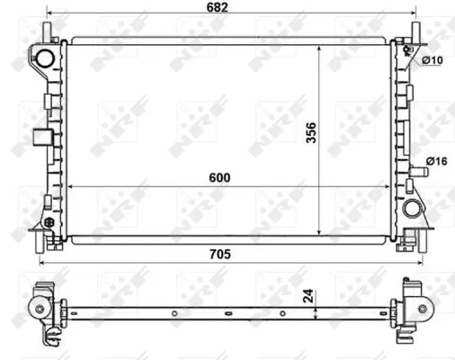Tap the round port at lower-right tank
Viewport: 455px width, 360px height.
tap(413, 210)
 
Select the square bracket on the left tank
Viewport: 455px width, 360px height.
tap(42, 138)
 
